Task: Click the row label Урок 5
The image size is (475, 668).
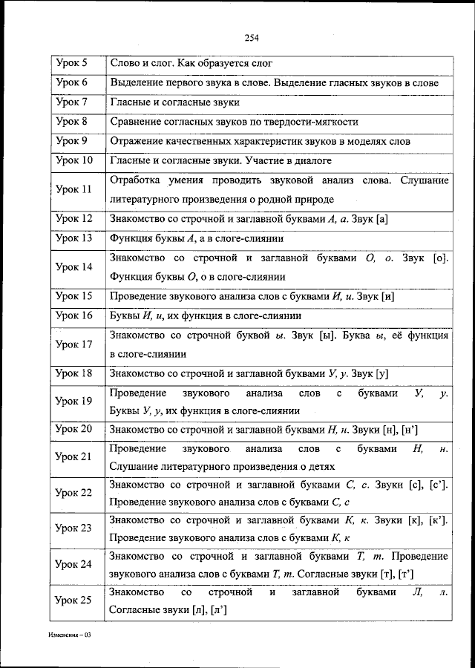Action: coord(72,64)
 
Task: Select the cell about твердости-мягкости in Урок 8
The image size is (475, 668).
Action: coord(235,122)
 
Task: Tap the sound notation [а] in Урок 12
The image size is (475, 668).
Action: coord(383,219)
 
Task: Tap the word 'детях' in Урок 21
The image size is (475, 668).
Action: coord(321,467)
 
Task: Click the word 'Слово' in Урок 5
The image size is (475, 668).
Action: coord(123,64)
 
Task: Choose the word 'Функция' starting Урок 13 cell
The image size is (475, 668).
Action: coord(129,238)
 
